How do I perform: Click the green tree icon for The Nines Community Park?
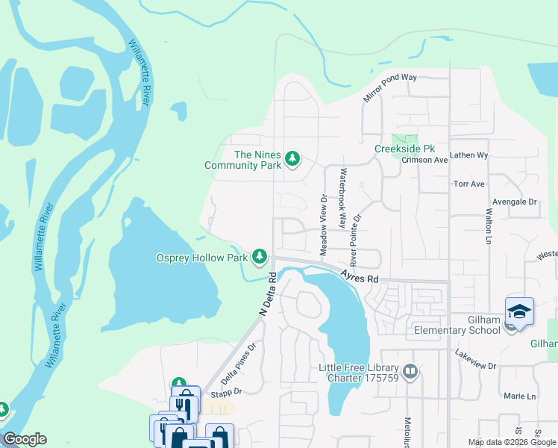pos(292,158)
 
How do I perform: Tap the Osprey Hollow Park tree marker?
pos(260,257)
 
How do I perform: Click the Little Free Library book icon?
pos(410,371)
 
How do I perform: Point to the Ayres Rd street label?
pos(360,276)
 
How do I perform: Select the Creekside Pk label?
pos(404,149)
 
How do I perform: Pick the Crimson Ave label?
pos(424,160)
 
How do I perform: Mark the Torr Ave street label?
pos(469,184)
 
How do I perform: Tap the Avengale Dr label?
pos(515,202)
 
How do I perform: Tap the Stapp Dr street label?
pos(228,391)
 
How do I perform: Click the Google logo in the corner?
pos(25,439)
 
